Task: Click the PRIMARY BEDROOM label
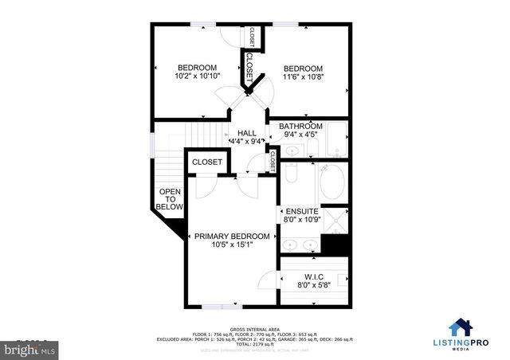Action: click(232, 237)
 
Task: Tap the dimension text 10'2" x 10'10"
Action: click(197, 76)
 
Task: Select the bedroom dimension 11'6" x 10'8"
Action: click(304, 77)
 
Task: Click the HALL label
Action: click(247, 133)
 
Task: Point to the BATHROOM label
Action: click(300, 127)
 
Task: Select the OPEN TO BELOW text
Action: click(170, 199)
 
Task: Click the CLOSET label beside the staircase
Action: click(207, 162)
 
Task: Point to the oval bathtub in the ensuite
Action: click(331, 186)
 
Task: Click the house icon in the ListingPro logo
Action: click(459, 327)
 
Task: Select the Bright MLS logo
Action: click(29, 348)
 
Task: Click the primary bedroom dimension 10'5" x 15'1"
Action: click(232, 245)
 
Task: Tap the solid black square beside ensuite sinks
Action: click(335, 246)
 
